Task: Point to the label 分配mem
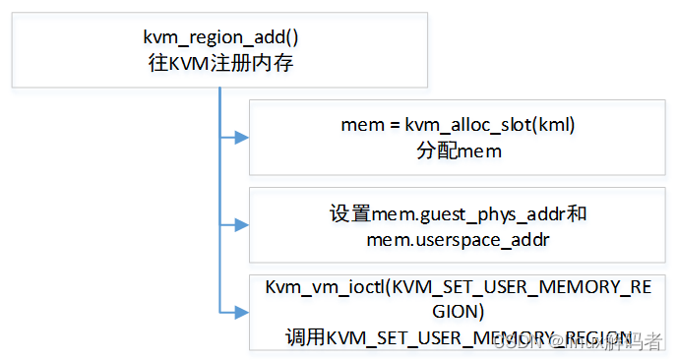click(458, 150)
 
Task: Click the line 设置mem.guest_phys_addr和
click(458, 213)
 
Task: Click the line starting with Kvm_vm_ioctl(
click(458, 288)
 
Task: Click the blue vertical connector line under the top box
click(219, 197)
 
